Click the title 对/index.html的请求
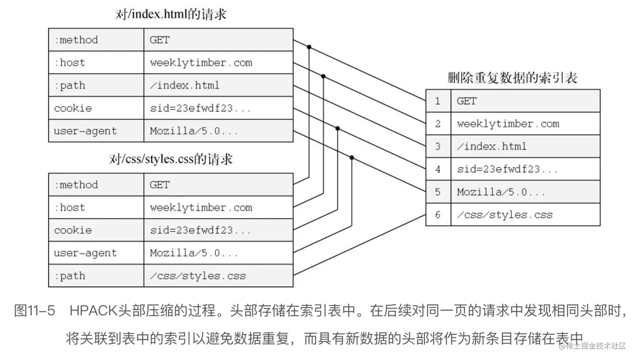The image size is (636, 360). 171,14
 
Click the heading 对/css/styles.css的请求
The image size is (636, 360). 171,159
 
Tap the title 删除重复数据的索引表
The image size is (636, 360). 512,78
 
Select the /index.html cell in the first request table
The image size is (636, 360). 185,85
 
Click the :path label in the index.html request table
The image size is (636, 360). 70,85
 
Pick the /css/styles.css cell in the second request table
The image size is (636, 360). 198,276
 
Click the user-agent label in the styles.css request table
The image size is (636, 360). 85,253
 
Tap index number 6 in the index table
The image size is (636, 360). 438,215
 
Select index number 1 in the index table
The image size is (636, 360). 438,101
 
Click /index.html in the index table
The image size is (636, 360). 492,146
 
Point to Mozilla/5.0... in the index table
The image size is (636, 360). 501,192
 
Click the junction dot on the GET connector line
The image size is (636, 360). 309,47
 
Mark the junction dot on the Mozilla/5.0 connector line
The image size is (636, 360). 352,158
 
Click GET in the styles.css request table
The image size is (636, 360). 160,185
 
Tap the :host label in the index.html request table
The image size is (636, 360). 70,63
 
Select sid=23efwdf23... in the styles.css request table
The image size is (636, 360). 200,230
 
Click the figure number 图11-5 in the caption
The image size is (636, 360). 35,310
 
